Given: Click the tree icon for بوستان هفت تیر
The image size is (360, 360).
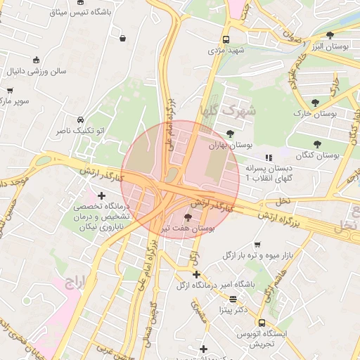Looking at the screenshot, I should (x=186, y=217).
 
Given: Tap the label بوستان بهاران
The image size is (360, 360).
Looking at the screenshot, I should (x=231, y=145).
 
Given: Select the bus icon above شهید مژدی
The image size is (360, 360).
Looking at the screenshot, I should (x=226, y=40).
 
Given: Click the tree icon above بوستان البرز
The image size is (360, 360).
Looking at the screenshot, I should (x=330, y=34).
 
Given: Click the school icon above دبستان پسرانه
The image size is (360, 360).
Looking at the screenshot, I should (x=267, y=157).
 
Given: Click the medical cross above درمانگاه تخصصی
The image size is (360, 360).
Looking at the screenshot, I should (x=102, y=195).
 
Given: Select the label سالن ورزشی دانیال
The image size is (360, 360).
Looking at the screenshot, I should (x=37, y=72).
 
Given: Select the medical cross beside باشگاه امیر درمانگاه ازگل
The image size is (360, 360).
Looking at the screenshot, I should (x=196, y=274).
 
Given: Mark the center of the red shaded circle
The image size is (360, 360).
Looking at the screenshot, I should (x=180, y=180).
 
